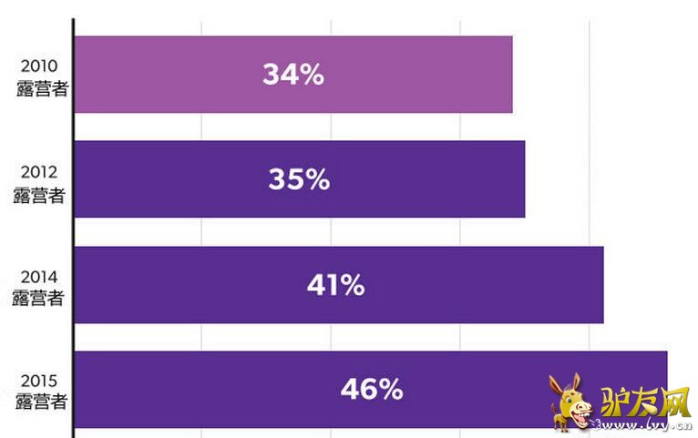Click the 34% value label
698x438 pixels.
293,75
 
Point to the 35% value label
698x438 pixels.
299,179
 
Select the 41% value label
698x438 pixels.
335,285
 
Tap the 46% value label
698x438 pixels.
372,390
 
